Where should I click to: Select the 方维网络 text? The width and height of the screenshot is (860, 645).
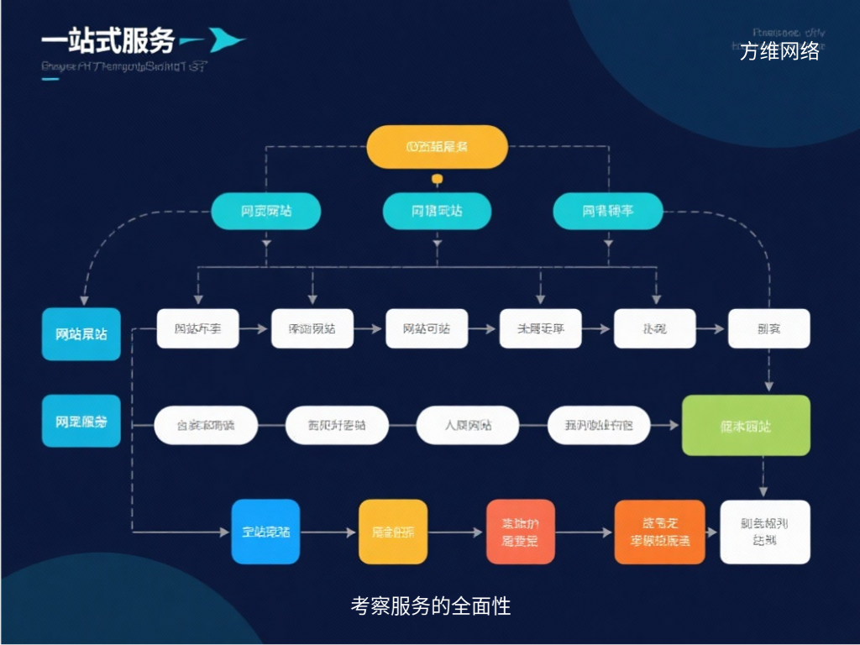click(x=779, y=51)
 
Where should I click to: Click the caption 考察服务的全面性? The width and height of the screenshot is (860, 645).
click(x=430, y=606)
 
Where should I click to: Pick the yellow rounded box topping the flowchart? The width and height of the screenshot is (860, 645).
click(x=437, y=146)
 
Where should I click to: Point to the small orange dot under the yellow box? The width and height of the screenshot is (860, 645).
click(x=437, y=179)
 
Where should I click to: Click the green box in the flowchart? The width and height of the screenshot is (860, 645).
click(x=746, y=426)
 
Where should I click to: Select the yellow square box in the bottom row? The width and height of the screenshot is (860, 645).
click(x=393, y=532)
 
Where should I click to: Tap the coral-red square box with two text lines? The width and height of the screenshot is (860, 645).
click(x=521, y=532)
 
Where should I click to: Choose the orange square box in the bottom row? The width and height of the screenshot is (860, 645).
click(x=659, y=532)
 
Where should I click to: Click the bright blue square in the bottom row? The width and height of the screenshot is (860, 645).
click(x=265, y=532)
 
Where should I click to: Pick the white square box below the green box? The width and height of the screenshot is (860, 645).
click(x=765, y=532)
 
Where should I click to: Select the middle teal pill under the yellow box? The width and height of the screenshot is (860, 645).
click(x=437, y=211)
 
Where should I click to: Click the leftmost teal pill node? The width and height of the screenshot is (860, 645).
click(x=266, y=211)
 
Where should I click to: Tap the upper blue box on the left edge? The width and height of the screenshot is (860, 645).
click(x=81, y=333)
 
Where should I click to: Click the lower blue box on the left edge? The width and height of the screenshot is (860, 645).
click(x=81, y=422)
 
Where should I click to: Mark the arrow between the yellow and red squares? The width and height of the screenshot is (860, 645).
click(x=457, y=532)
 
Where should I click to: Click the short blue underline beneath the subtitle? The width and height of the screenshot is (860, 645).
click(x=50, y=79)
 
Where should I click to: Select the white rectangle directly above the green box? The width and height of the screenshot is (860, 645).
click(x=768, y=328)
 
